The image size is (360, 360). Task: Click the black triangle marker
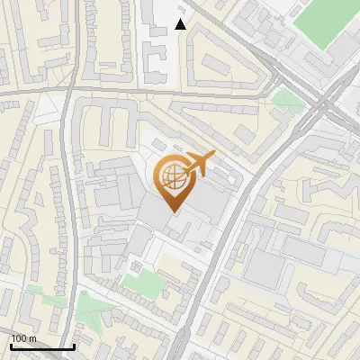coord(181,24)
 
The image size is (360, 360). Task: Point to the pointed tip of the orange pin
coord(175,212)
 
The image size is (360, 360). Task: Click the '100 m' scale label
coord(23,338)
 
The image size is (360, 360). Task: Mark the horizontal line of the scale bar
coord(42,347)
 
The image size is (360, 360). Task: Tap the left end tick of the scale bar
coord(11,346)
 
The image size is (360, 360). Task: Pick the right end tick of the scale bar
coord(74,346)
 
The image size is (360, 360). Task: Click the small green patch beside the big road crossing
coord(288,99)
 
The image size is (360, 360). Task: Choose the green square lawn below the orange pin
coord(139,282)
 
